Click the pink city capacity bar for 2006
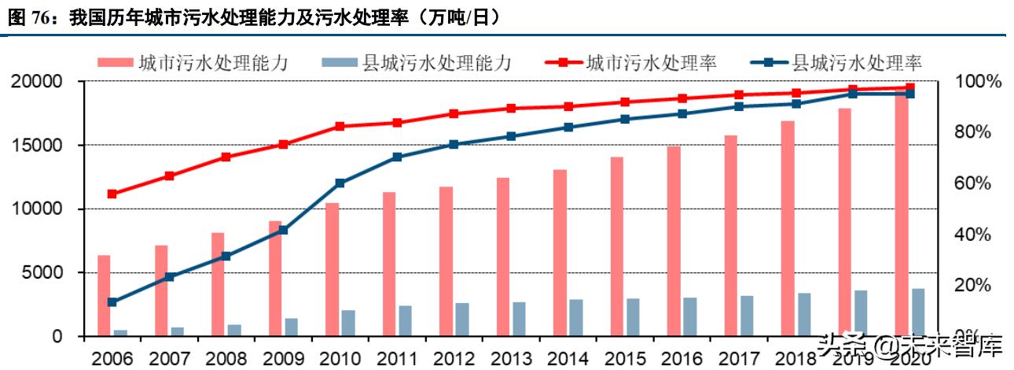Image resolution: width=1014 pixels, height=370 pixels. click(104, 295)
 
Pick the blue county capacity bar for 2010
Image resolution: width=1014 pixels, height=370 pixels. click(348, 323)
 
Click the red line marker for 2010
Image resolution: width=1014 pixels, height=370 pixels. click(340, 126)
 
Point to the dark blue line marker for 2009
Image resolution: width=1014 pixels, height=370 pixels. click(283, 231)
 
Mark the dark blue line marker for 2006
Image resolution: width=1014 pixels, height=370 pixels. click(112, 302)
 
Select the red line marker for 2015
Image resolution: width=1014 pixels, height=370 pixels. click(625, 102)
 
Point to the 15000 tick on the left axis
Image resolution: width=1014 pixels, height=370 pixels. click(37, 146)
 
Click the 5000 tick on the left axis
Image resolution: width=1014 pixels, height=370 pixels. click(42, 273)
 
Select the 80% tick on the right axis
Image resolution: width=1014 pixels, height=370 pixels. click(972, 132)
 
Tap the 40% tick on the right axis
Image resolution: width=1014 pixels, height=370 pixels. click(972, 235)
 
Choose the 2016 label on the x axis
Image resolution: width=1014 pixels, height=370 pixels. click(683, 359)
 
